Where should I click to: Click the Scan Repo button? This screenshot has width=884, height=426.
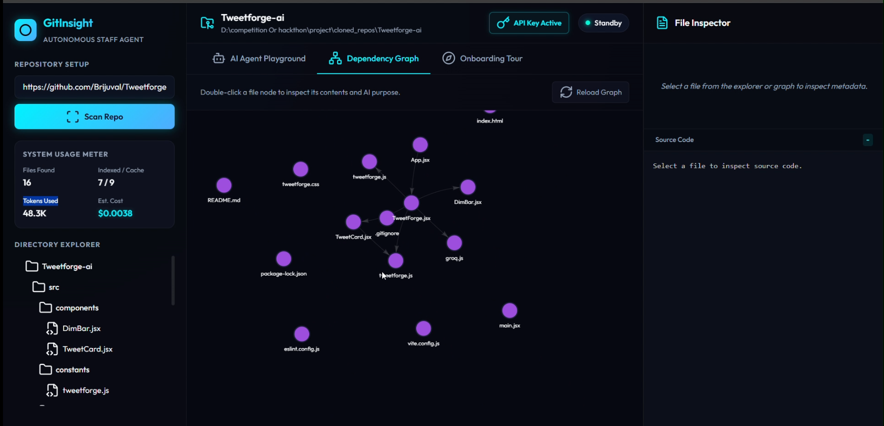95,116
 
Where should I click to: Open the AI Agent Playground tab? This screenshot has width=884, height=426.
259,58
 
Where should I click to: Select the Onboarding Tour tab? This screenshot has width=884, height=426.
482,58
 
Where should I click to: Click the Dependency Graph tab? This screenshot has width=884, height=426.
374,58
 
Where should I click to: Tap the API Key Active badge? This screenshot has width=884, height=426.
529,23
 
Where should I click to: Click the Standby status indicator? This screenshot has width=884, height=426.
603,23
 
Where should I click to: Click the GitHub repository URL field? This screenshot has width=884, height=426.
95,87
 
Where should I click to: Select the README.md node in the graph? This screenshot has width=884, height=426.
224,185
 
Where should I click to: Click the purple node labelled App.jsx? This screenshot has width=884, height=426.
420,145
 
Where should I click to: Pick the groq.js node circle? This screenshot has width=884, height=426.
454,243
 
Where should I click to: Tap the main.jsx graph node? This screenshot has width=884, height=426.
510,310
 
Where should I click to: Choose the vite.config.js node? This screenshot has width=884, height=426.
424,328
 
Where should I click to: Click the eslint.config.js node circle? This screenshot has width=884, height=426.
302,334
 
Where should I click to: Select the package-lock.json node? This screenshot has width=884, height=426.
284,259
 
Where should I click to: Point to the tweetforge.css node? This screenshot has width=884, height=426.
301,169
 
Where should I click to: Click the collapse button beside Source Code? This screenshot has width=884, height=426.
868,140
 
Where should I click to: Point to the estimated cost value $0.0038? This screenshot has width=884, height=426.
115,213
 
